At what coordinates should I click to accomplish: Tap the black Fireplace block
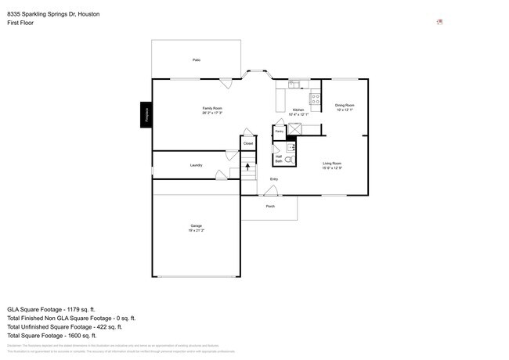coord(146,115)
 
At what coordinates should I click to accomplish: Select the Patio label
coord(196,59)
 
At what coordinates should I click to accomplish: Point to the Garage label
coord(196,225)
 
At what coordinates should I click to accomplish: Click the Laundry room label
coord(196,165)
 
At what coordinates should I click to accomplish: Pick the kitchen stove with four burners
coord(315,99)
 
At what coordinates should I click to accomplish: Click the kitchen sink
coord(294,85)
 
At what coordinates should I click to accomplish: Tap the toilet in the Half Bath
coord(288,160)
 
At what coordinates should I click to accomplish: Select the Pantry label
coord(279,132)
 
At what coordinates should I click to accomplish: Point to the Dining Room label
coord(345,105)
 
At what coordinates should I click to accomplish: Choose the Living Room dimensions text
coord(332,168)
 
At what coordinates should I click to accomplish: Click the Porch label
coord(270,207)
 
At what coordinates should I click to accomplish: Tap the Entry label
coord(274,179)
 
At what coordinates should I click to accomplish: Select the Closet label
coord(247,143)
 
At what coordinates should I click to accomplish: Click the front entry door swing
coord(269,190)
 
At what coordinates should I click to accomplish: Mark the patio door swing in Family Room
coord(226,82)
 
